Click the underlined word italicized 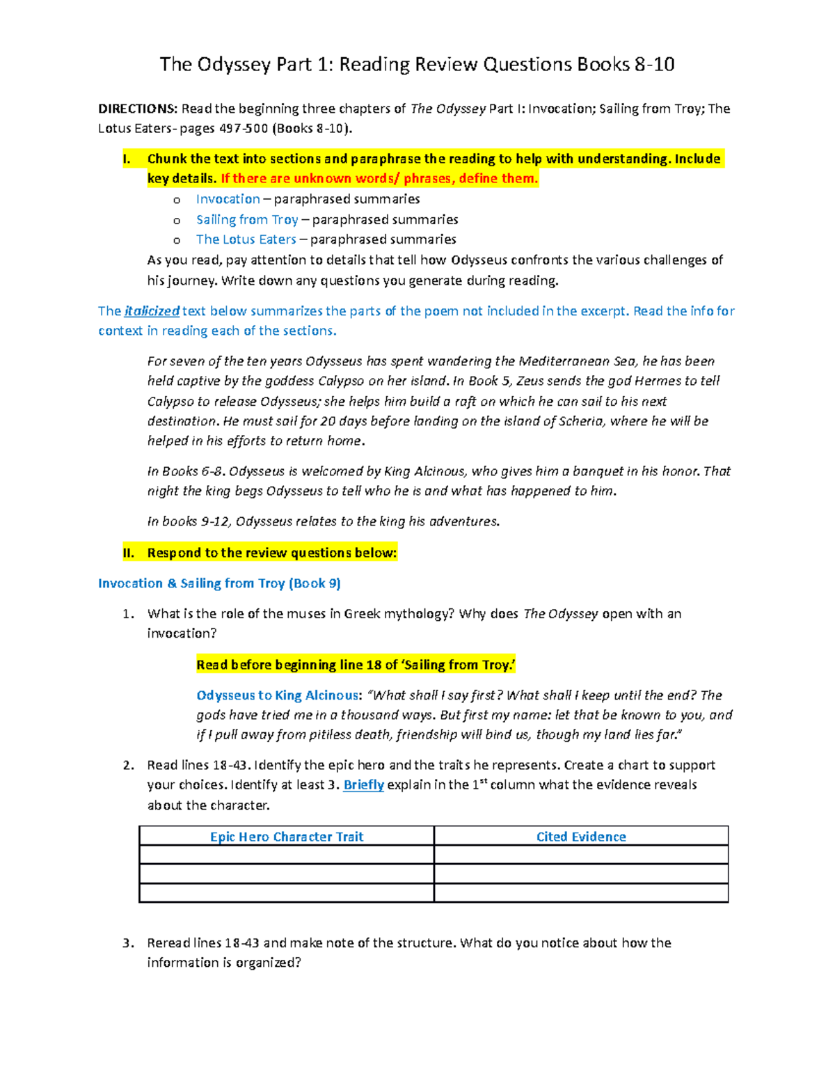152,311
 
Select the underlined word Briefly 363,785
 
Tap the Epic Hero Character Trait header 287,837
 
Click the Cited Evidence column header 581,837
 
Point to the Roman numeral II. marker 127,553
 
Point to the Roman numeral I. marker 126,159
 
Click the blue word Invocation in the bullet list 228,199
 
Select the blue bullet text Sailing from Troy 247,220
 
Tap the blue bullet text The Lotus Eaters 246,239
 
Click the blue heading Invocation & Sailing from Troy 219,583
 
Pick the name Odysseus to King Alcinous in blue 278,695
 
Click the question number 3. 127,943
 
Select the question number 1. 127,614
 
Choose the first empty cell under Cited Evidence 581,855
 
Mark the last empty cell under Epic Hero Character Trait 287,893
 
